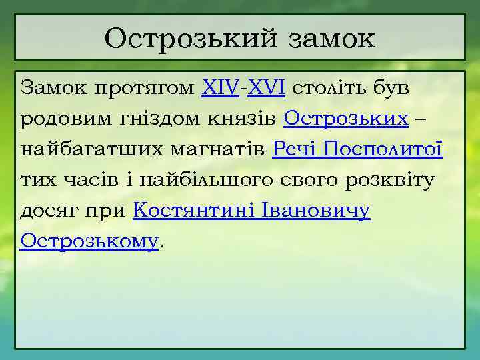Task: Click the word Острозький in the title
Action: click(191, 38)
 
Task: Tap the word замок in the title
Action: click(331, 38)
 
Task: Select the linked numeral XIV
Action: click(219, 88)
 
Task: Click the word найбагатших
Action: click(79, 149)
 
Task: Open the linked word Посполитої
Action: click(384, 149)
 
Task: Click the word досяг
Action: click(49, 211)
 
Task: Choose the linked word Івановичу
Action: click(319, 211)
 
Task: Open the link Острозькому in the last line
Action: click(89, 240)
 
